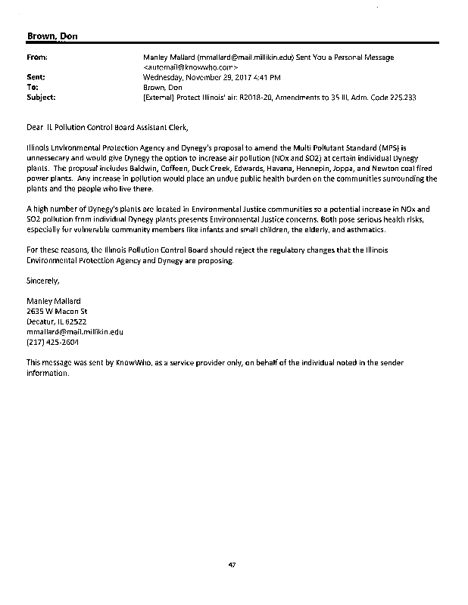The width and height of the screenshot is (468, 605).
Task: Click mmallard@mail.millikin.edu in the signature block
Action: coord(74,331)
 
